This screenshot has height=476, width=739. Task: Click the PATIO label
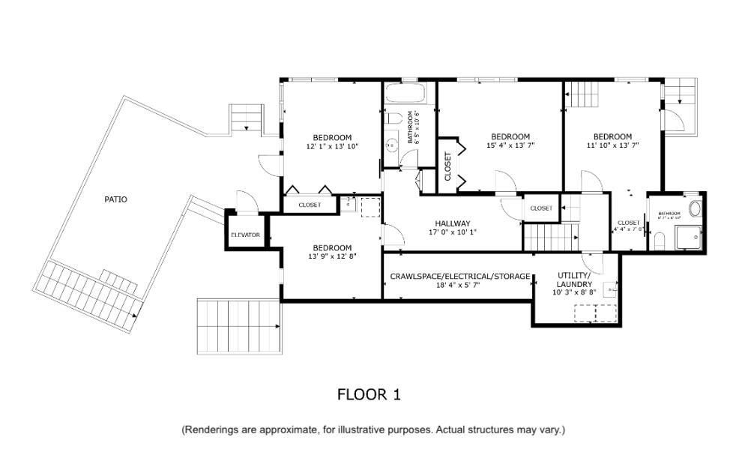[x=115, y=199]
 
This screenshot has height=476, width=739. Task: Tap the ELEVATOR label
[x=245, y=235]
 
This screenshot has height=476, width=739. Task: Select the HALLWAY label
[x=453, y=223]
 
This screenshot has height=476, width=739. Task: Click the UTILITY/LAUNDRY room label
[x=574, y=280]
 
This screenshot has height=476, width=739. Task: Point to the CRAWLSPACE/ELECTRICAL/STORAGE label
[x=459, y=276]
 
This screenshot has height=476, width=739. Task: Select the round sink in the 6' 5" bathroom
[x=391, y=145]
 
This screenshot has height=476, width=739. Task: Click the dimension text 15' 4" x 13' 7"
[x=510, y=145]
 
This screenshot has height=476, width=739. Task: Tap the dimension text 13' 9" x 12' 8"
[x=332, y=256]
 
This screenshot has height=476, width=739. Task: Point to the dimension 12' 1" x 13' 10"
[x=332, y=146]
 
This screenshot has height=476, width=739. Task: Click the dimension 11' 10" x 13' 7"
[x=613, y=145]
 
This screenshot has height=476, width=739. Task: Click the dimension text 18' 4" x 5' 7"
[x=459, y=285]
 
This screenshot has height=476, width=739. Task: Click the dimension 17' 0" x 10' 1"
[x=453, y=232]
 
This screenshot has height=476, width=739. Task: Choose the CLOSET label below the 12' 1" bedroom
[x=310, y=205]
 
